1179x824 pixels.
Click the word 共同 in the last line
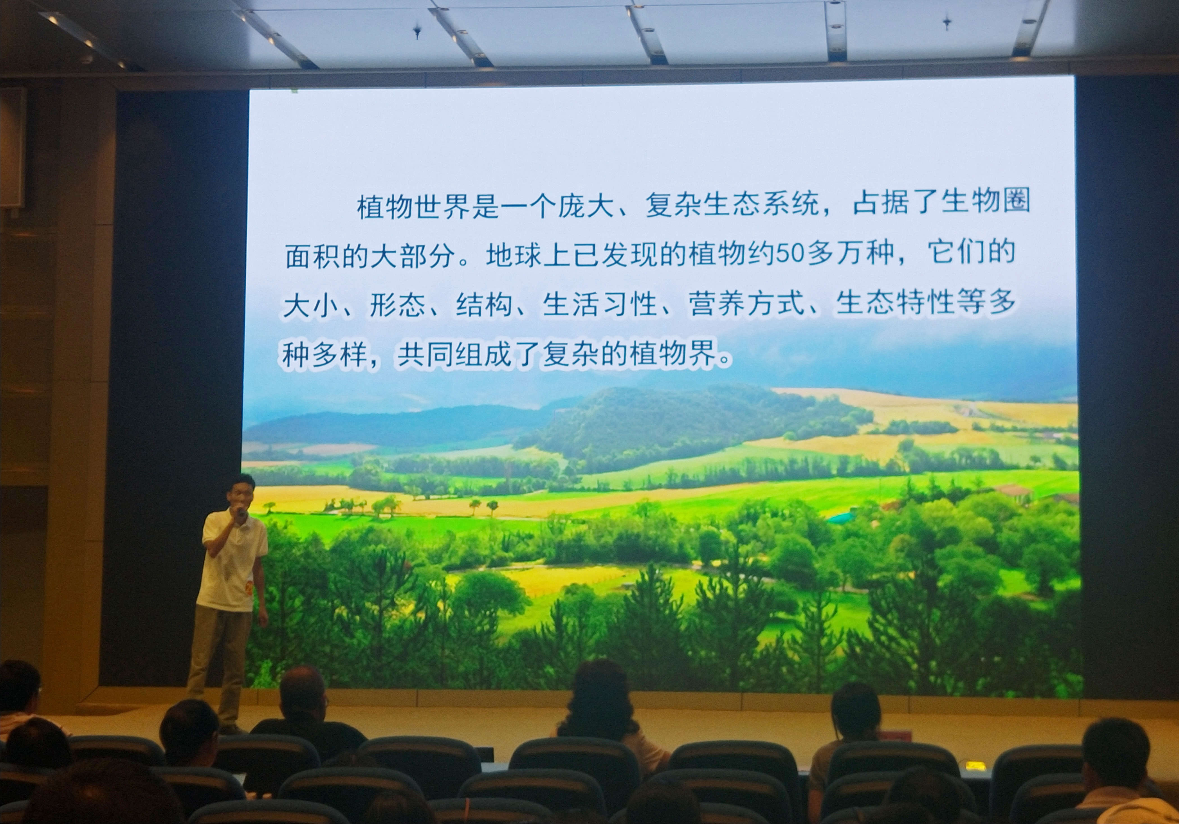click(x=426, y=354)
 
